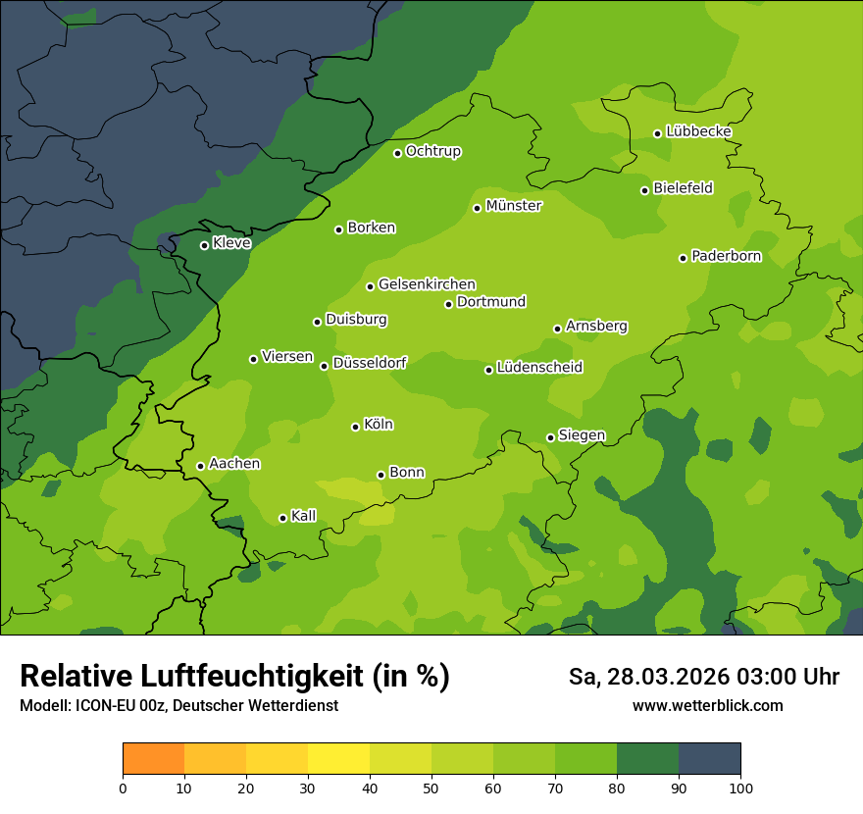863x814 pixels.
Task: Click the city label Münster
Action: pyautogui.click(x=514, y=206)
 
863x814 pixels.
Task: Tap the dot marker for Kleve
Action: pyautogui.click(x=204, y=245)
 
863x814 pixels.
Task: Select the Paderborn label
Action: pyautogui.click(x=726, y=256)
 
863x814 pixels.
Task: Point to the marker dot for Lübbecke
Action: pyautogui.click(x=657, y=133)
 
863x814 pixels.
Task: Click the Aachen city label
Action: pyautogui.click(x=234, y=464)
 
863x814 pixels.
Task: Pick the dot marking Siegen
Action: pyautogui.click(x=550, y=437)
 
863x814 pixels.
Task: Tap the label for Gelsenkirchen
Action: pyautogui.click(x=427, y=284)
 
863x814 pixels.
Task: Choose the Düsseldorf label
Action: pyautogui.click(x=369, y=363)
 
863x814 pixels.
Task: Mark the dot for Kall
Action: pyautogui.click(x=282, y=518)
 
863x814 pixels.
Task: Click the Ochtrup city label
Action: pyautogui.click(x=432, y=151)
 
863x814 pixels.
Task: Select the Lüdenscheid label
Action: pyautogui.click(x=539, y=368)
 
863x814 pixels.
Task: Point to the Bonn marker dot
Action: pyautogui.click(x=381, y=475)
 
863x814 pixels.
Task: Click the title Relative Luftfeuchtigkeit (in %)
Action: pyautogui.click(x=234, y=676)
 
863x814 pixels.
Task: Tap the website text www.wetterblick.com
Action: pyautogui.click(x=707, y=705)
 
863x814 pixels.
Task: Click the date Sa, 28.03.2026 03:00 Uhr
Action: pyautogui.click(x=703, y=677)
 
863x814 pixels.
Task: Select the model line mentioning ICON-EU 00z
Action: pyautogui.click(x=178, y=705)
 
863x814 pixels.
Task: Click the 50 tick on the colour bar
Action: pyautogui.click(x=431, y=788)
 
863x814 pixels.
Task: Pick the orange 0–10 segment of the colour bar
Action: pyautogui.click(x=153, y=759)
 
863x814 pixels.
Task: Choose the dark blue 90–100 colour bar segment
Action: pyautogui.click(x=709, y=759)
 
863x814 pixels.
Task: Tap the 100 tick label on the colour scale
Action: pyautogui.click(x=740, y=788)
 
